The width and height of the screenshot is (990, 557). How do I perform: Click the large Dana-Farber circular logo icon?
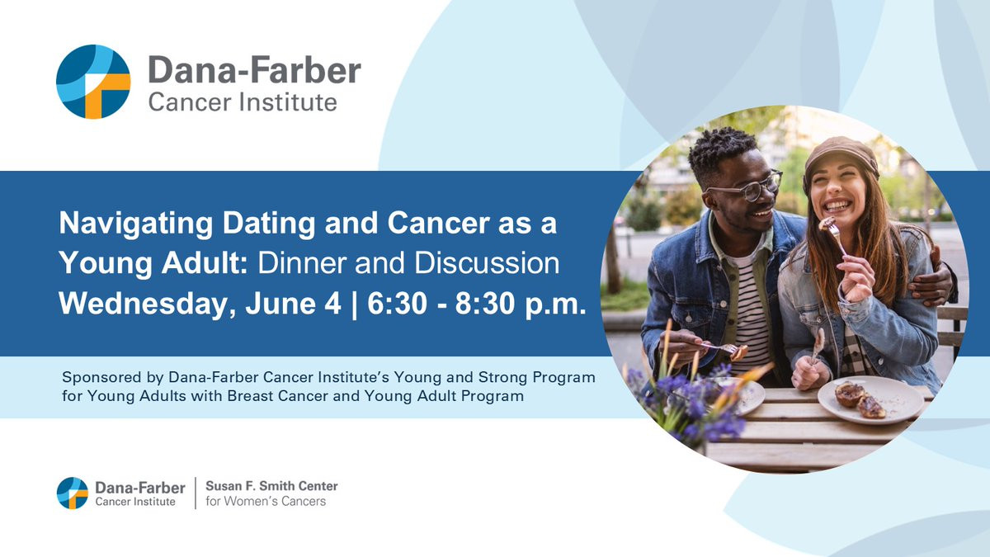point(93,82)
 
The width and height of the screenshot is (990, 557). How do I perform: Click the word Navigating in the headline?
point(136,224)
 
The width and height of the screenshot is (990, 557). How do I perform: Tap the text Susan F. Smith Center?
point(271,486)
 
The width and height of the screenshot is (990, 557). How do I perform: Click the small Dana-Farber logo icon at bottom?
point(73,493)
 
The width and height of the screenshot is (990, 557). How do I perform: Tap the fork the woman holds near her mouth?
point(835,236)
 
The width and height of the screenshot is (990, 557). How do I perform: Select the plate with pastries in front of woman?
point(870,399)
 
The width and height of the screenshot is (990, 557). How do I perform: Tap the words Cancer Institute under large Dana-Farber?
point(243,102)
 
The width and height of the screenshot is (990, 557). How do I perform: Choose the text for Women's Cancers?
point(266,502)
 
